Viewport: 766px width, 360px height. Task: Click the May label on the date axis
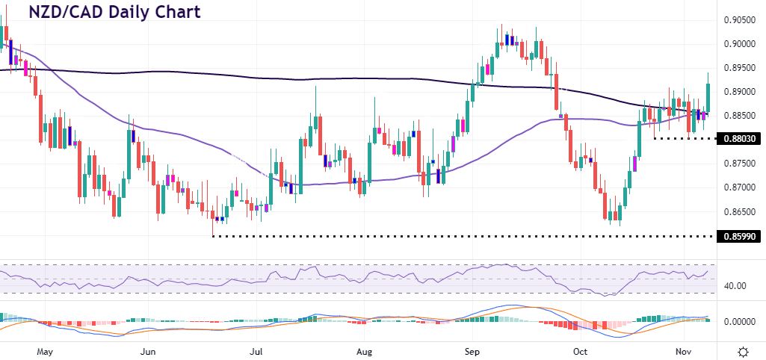(45, 350)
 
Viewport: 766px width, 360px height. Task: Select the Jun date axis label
(148, 350)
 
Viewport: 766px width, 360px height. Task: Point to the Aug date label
(364, 350)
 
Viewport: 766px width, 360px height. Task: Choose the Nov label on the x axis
(685, 350)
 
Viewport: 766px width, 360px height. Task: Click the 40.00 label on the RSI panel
(735, 285)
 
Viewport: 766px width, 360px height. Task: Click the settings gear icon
(744, 350)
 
